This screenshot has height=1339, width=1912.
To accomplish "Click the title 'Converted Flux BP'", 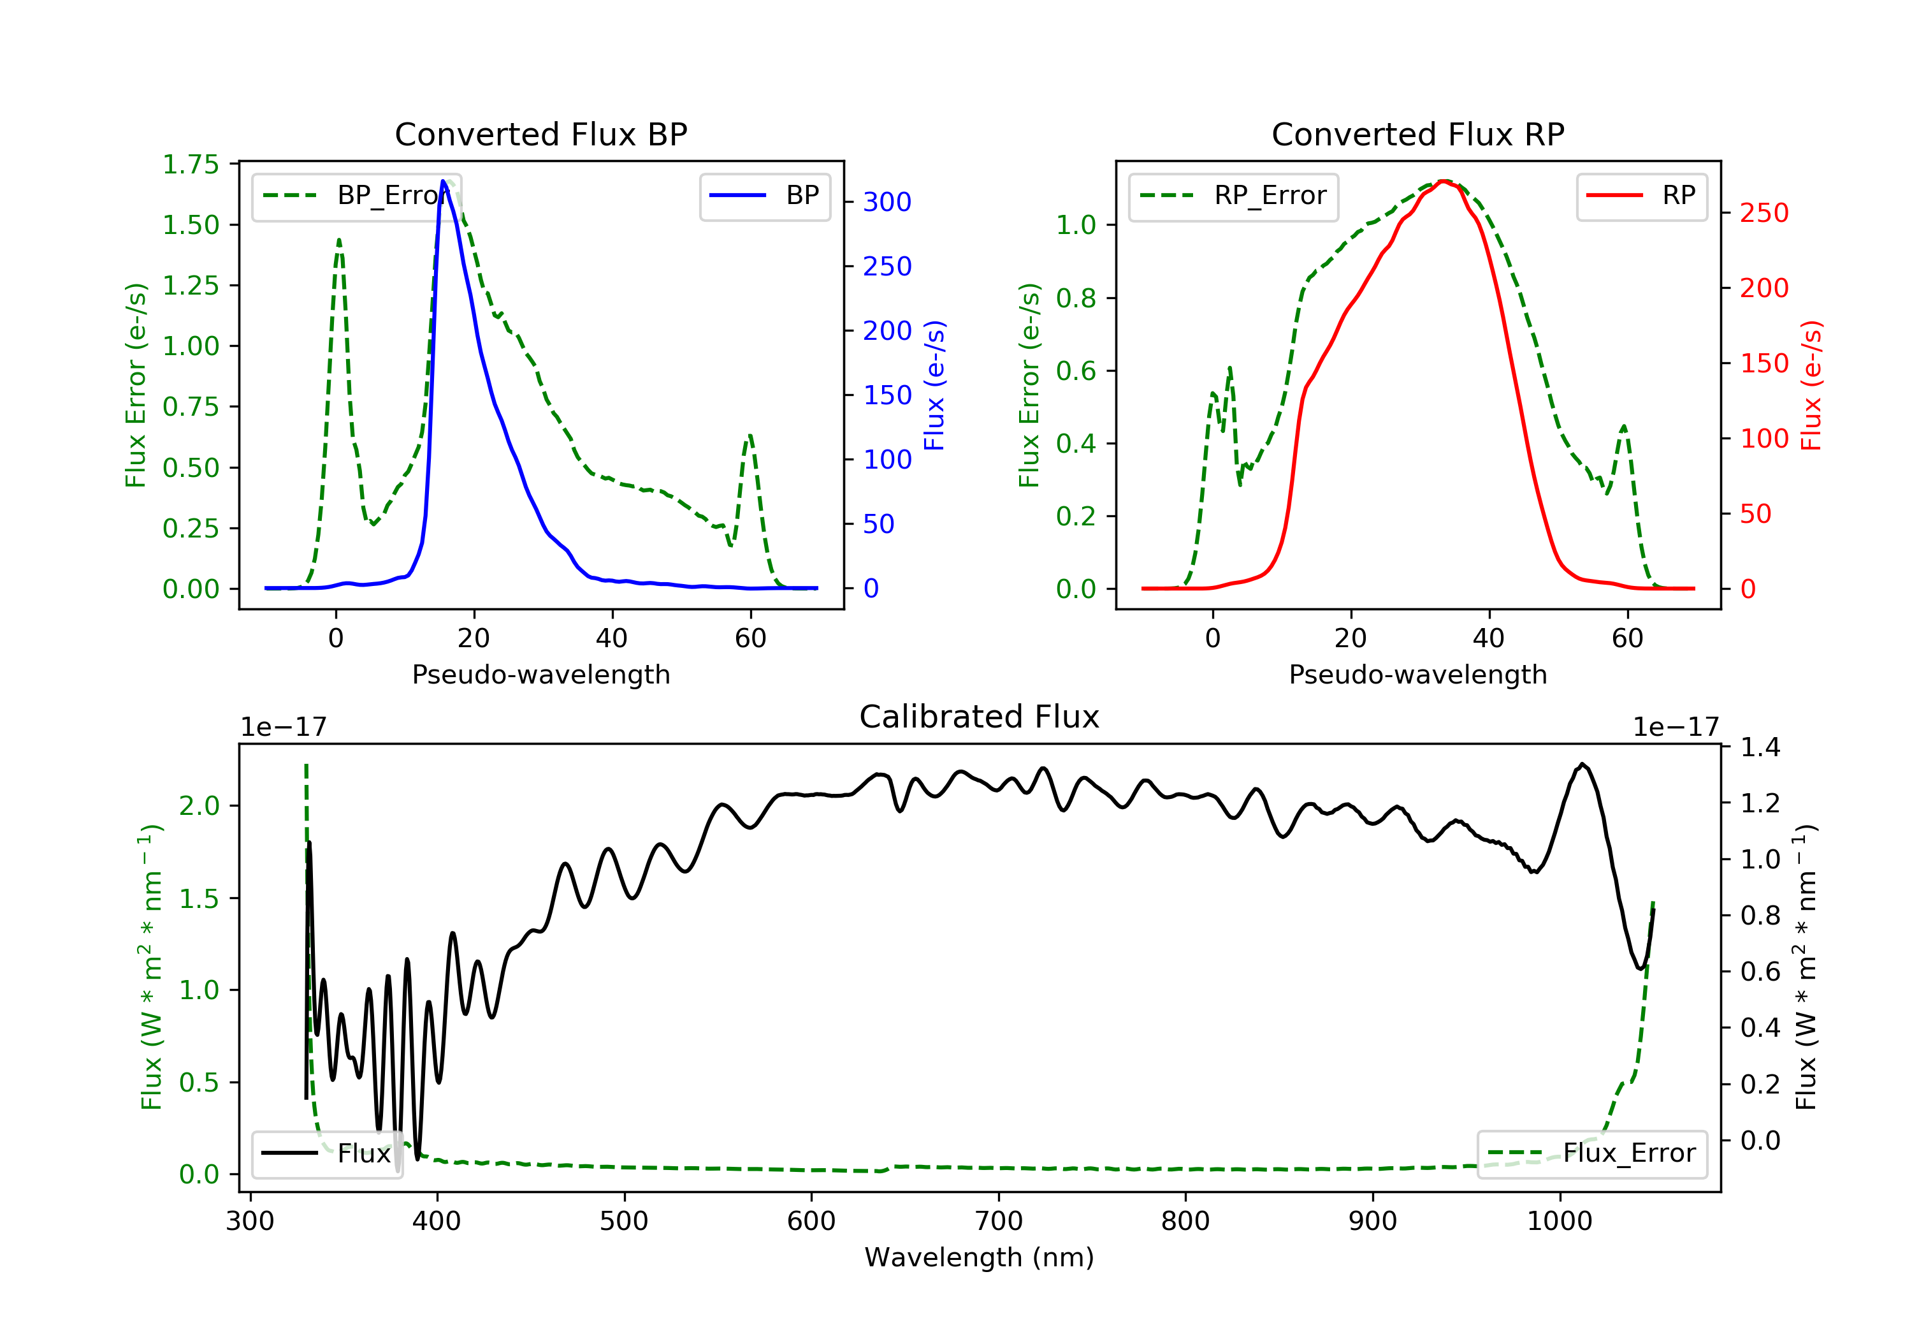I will tap(540, 134).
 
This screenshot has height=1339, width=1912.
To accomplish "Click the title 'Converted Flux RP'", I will tap(1417, 134).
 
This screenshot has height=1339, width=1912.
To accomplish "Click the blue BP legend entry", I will tap(764, 196).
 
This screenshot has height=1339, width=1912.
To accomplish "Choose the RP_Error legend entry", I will tap(1233, 196).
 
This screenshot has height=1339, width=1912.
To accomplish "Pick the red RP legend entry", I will tap(1640, 196).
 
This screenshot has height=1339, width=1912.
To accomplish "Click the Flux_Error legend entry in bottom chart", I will tap(1591, 1153).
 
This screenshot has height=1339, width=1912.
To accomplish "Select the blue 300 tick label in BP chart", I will tap(887, 201).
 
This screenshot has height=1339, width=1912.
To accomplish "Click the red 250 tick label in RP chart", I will tap(1764, 214).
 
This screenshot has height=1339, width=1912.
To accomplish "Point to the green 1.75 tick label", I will tap(191, 164).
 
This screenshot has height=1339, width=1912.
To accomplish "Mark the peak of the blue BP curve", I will tap(443, 181).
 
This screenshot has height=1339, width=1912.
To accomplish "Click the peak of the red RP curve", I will tap(1445, 181).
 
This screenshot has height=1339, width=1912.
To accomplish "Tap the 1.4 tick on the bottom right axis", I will tap(1760, 747).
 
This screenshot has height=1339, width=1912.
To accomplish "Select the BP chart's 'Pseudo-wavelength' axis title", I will tap(540, 674).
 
